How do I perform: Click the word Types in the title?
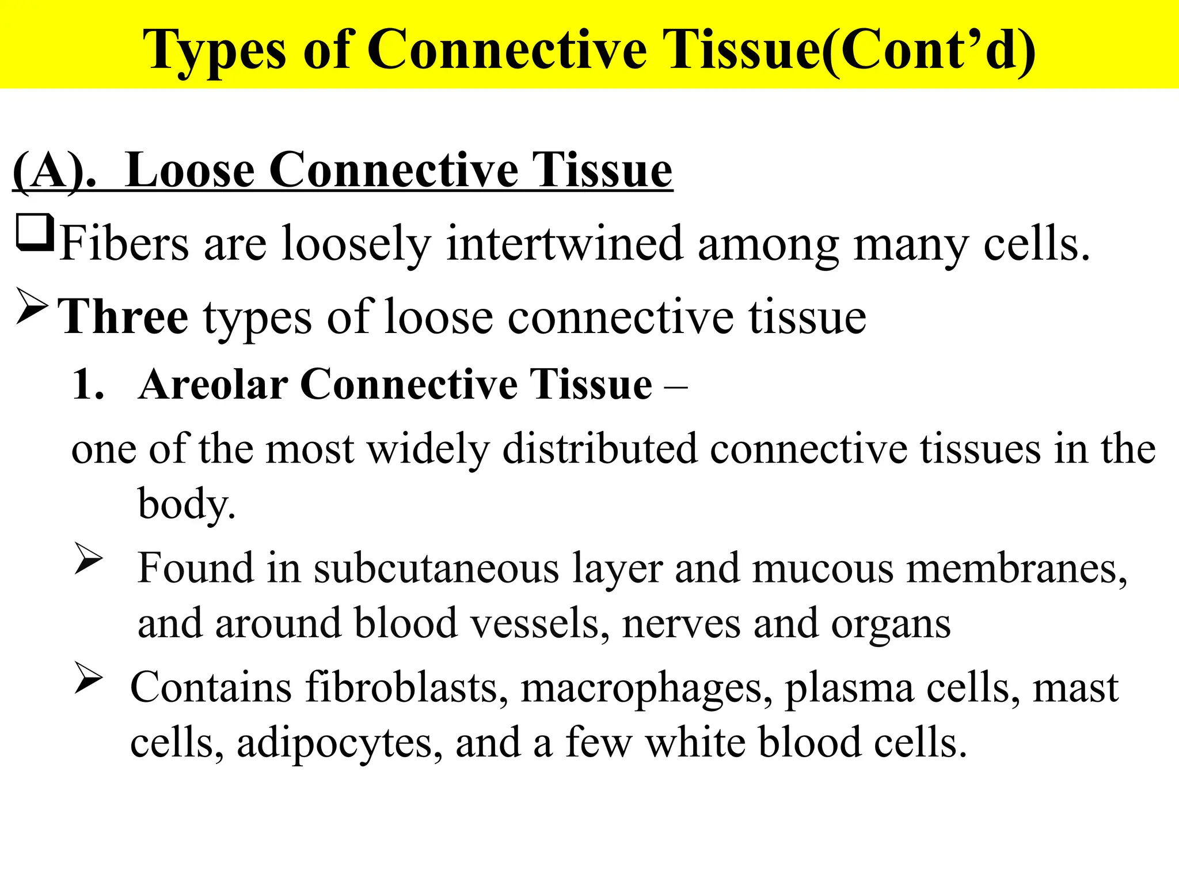214,51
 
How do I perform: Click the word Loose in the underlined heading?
189,171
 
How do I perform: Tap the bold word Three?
124,317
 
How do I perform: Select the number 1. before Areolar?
88,384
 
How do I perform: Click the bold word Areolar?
213,384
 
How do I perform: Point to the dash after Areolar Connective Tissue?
675,385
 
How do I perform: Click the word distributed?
599,449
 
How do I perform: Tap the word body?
186,504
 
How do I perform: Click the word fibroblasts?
406,688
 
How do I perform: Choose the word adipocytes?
340,743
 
